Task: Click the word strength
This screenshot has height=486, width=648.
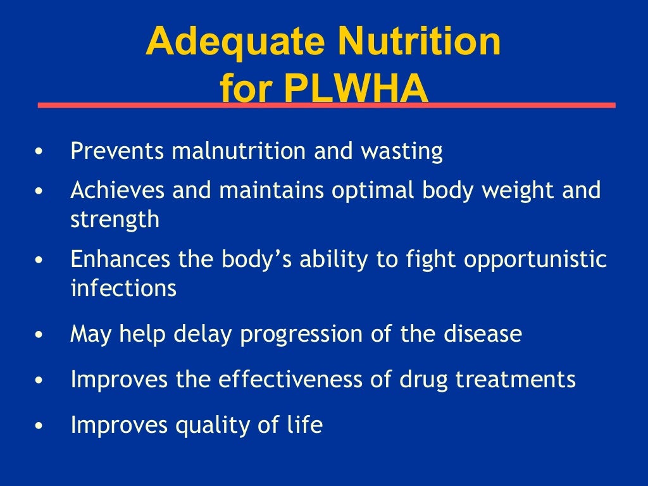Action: pos(115,220)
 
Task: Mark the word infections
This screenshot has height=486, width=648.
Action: pos(123,289)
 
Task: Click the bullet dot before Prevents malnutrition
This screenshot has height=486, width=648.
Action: pos(40,153)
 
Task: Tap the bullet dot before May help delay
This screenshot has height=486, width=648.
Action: pos(40,335)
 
